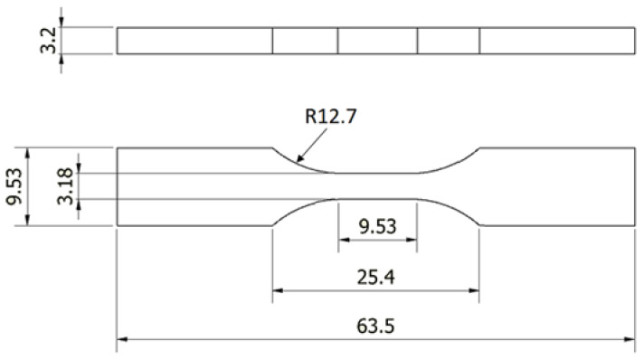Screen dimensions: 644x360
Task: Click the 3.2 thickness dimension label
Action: tap(48, 41)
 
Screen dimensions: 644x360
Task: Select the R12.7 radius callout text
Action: tap(331, 117)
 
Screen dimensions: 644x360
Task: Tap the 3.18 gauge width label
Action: tap(65, 186)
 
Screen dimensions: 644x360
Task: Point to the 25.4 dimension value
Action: tap(375, 277)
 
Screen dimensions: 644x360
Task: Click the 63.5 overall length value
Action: tap(375, 327)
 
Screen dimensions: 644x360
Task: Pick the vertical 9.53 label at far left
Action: tap(14, 186)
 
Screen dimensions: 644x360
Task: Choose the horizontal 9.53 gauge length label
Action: tap(377, 226)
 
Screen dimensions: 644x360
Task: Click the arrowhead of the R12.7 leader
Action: tap(299, 157)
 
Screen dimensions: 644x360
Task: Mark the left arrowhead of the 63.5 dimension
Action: tap(122, 339)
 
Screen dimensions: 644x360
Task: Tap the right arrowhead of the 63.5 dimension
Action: tap(630, 339)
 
